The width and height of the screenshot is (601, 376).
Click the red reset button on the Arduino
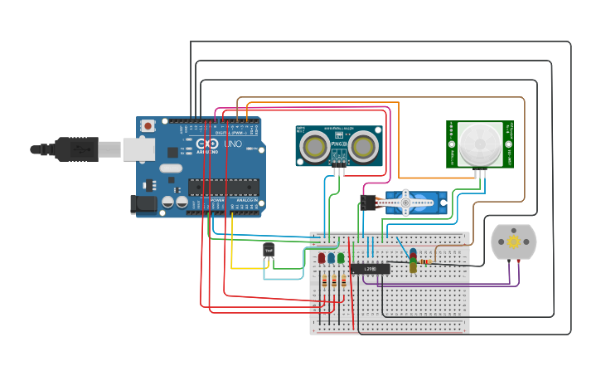point(148,125)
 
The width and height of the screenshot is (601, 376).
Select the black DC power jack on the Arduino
point(143,203)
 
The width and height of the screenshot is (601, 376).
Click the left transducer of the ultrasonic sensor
point(314,147)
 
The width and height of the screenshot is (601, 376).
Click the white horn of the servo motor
point(405,201)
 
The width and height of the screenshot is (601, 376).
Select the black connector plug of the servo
point(369,202)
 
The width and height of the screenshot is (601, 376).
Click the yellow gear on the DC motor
point(514,242)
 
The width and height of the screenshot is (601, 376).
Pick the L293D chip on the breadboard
point(370,269)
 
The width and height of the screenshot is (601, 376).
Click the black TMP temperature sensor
point(269,250)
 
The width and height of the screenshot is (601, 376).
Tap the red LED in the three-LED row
point(322,258)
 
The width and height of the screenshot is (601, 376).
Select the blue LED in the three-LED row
point(331,258)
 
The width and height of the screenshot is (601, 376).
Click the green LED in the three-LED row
point(341,258)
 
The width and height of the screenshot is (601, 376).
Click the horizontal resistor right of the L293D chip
point(426,262)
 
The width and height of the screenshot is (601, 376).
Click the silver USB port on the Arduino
point(138,149)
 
